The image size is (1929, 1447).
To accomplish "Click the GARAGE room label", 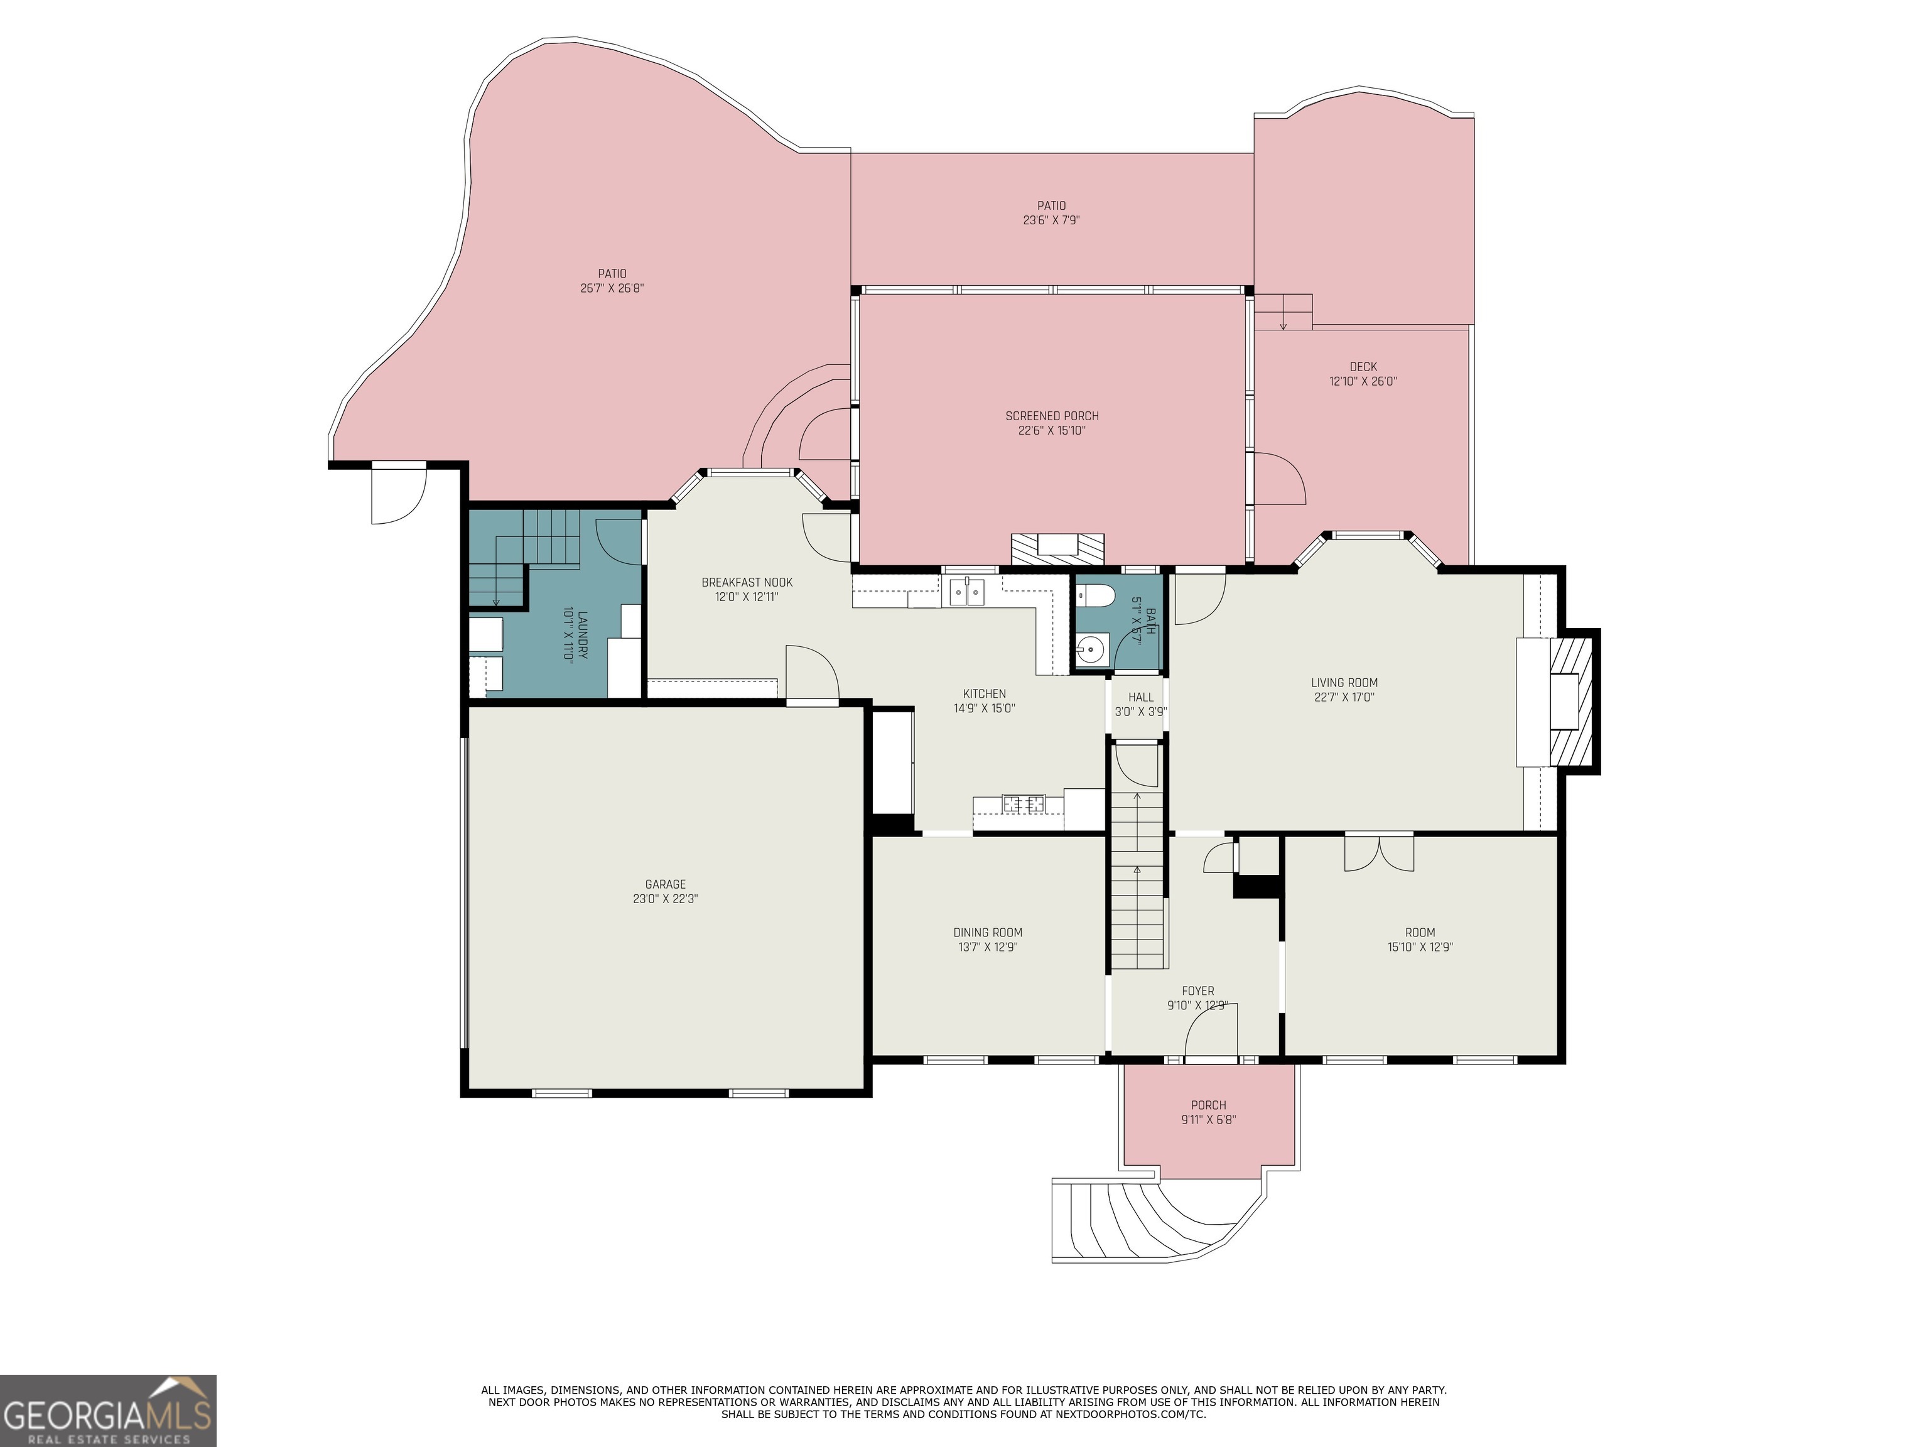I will tap(666, 884).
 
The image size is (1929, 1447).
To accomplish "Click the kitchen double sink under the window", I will tap(967, 592).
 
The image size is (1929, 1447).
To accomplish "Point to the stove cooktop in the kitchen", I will tap(1023, 803).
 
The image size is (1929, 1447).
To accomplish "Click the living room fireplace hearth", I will tap(1569, 702).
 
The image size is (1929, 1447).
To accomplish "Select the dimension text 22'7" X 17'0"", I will tap(1344, 698).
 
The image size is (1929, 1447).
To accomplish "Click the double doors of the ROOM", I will tap(1379, 852).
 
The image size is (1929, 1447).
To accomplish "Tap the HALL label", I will tap(1141, 697).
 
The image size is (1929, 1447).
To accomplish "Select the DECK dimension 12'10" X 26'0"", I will tap(1363, 381).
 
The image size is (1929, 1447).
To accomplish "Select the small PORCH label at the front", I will tap(1209, 1105).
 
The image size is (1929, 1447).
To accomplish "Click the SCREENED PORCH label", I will tap(1052, 416).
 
